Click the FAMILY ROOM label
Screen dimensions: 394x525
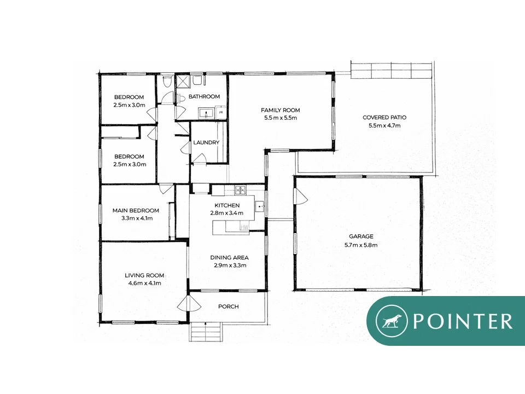[280, 110]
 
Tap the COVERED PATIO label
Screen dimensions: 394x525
[384, 117]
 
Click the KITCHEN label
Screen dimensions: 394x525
[227, 205]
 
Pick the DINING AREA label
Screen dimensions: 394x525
[230, 257]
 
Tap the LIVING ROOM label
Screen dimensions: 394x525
[144, 275]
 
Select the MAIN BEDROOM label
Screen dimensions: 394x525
[136, 210]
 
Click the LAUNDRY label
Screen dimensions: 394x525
[206, 142]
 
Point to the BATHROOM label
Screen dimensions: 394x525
[204, 96]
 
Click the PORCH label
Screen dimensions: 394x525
[228, 306]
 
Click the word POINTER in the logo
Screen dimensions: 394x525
[463, 321]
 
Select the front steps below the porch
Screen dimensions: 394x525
[207, 332]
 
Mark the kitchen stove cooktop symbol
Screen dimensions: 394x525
[241, 190]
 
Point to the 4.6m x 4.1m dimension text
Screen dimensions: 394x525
[144, 283]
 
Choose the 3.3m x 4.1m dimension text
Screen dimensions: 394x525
[136, 218]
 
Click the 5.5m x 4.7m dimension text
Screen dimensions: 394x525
[384, 125]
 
